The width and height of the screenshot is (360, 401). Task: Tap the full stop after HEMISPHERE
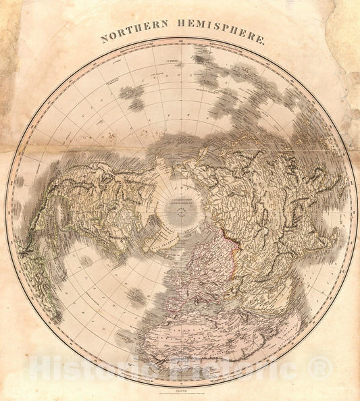click(x=265, y=41)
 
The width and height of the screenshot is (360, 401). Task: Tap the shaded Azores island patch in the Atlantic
click(x=135, y=296)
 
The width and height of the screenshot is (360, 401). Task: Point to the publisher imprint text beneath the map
click(x=180, y=391)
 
